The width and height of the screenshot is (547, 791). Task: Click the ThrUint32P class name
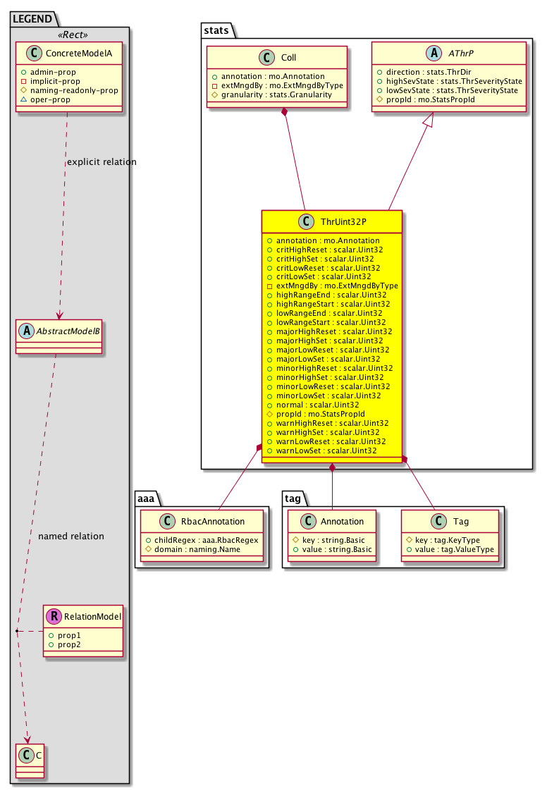(x=343, y=222)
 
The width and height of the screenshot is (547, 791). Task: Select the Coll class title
(x=288, y=58)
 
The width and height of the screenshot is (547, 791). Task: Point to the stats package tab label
(x=216, y=31)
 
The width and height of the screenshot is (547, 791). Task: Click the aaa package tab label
(x=146, y=499)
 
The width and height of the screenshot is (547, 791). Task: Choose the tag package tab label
(x=293, y=499)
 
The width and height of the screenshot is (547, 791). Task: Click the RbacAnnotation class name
(x=212, y=522)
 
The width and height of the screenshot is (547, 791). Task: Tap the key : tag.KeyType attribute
(x=447, y=540)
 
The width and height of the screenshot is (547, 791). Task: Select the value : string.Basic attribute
(x=336, y=549)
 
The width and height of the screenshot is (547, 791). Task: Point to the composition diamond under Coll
(x=285, y=112)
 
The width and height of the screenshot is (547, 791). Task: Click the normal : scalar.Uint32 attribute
(x=317, y=405)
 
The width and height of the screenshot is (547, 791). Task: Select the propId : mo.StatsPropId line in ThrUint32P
(x=321, y=414)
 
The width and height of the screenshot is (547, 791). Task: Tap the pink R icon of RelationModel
(x=54, y=616)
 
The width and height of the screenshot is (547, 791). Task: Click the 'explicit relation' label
(x=102, y=162)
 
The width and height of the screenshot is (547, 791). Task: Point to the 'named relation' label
(x=71, y=536)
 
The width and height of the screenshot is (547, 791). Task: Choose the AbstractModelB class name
(x=68, y=331)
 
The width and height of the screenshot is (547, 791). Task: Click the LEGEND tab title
(x=32, y=19)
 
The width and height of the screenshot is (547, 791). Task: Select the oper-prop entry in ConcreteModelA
(x=50, y=100)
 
